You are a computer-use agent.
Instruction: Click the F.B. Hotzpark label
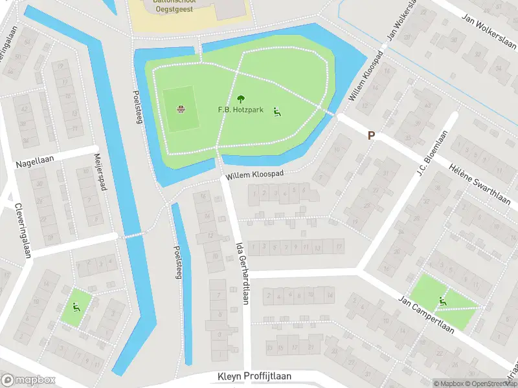[x=240, y=111]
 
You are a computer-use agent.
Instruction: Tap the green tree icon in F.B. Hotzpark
[x=241, y=99]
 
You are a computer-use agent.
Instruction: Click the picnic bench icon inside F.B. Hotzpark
[x=277, y=111]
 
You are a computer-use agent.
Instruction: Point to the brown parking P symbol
[x=371, y=136]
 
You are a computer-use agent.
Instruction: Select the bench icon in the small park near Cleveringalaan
[x=76, y=307]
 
